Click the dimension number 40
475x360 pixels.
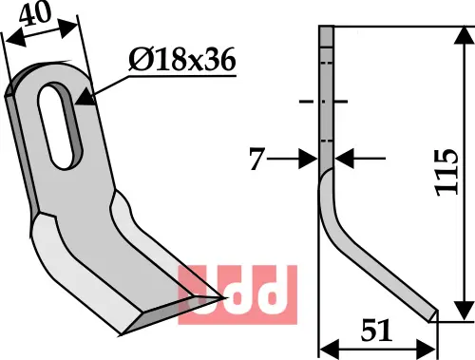[35, 14]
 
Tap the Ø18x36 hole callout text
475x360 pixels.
[182, 60]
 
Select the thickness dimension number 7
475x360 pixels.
[256, 159]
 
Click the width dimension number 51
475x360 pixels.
[376, 331]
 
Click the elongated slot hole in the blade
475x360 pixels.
[61, 125]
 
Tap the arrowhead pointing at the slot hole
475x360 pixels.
[85, 98]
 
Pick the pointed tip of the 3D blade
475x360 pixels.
[225, 297]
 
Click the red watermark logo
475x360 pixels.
[237, 294]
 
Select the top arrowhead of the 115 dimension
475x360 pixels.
[465, 35]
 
